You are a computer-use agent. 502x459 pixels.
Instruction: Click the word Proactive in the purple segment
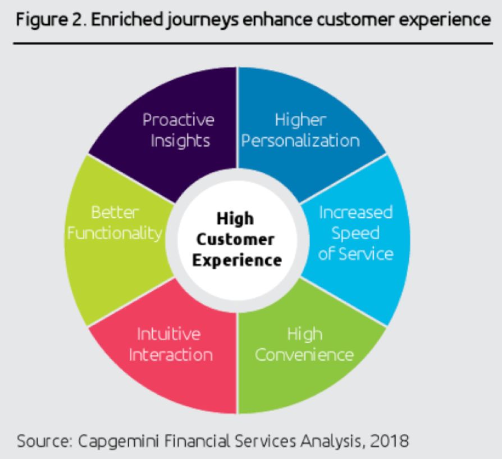pyautogui.click(x=179, y=120)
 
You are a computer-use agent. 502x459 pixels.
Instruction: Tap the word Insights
pyautogui.click(x=180, y=141)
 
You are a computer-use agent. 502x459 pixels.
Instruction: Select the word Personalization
pyautogui.click(x=300, y=141)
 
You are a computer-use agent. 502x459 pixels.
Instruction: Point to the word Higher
pyautogui.click(x=300, y=120)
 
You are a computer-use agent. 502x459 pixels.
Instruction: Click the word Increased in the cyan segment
pyautogui.click(x=355, y=212)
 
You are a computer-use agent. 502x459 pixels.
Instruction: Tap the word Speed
pyautogui.click(x=355, y=233)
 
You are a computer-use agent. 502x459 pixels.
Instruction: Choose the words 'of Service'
pyautogui.click(x=355, y=254)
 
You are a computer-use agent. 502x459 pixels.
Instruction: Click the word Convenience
pyautogui.click(x=304, y=355)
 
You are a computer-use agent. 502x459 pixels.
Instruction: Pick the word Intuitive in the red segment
pyautogui.click(x=168, y=334)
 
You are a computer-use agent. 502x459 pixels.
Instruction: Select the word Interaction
pyautogui.click(x=171, y=355)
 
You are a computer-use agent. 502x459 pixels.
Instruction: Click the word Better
pyautogui.click(x=115, y=212)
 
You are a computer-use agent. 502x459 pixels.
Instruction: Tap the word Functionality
pyautogui.click(x=115, y=233)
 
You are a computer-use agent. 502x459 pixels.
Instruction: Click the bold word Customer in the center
pyautogui.click(x=235, y=240)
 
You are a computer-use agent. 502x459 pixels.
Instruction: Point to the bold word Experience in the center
pyautogui.click(x=237, y=260)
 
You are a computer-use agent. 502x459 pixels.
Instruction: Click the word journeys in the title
pyautogui.click(x=202, y=20)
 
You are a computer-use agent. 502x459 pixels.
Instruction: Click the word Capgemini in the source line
pyautogui.click(x=118, y=442)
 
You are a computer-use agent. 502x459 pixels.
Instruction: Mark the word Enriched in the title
pyautogui.click(x=126, y=20)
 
